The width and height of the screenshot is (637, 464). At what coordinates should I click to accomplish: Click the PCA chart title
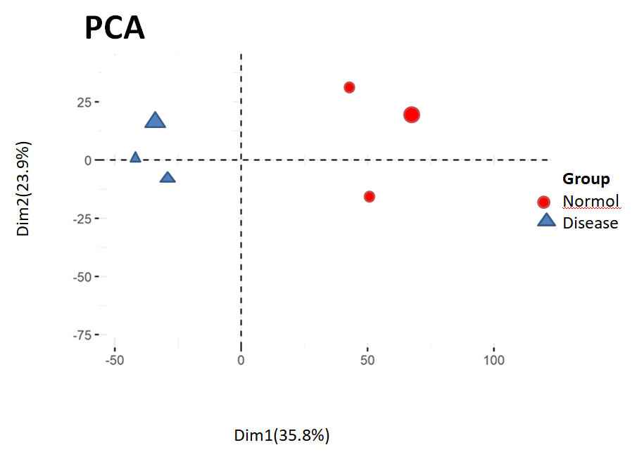(114, 29)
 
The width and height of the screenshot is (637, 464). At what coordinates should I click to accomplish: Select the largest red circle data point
(412, 115)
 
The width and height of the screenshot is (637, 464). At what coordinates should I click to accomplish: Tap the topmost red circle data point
(349, 87)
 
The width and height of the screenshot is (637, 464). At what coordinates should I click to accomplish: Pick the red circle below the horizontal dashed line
(369, 196)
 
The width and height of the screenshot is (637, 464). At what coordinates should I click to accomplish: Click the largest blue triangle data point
(155, 121)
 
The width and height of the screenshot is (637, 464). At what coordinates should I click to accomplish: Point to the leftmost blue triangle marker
(135, 157)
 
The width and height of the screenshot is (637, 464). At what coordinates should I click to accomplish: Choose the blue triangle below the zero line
(168, 178)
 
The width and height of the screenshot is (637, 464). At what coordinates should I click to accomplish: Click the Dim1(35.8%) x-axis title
(282, 435)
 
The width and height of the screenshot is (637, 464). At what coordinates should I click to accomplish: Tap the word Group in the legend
(586, 179)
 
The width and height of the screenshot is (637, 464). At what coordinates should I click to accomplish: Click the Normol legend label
(591, 202)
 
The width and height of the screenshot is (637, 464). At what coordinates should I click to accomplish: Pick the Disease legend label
(590, 223)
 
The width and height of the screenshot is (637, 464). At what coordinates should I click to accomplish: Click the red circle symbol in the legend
(543, 202)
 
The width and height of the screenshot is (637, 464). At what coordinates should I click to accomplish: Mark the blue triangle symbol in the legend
(546, 222)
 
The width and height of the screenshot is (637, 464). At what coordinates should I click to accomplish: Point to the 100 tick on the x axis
(494, 360)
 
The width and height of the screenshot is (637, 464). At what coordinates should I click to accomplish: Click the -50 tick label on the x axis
(114, 360)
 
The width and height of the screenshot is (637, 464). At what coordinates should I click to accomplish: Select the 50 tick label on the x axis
(367, 360)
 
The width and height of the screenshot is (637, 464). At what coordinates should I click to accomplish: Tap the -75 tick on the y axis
(83, 335)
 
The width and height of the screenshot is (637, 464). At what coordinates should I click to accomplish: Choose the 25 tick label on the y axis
(84, 102)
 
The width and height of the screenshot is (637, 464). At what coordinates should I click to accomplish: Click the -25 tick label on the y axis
(83, 218)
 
